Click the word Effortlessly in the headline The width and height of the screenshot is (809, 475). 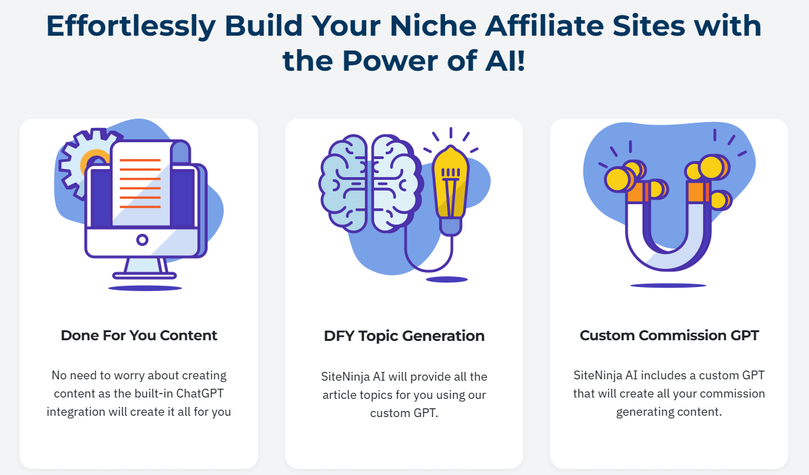click(x=131, y=27)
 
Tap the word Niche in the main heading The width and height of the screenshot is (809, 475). click(x=433, y=26)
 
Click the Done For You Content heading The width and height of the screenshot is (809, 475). click(x=139, y=336)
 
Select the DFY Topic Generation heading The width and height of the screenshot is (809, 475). click(x=404, y=336)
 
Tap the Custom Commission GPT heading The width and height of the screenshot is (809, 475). click(x=669, y=336)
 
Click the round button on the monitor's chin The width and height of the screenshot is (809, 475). click(x=142, y=240)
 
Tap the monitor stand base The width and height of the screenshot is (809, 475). click(x=144, y=276)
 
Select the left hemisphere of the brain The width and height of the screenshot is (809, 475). click(x=343, y=183)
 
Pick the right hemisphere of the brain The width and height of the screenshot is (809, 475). click(x=396, y=183)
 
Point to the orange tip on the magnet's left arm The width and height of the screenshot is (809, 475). click(x=636, y=193)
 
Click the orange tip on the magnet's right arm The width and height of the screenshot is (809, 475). click(x=698, y=191)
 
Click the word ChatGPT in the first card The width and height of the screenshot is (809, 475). click(x=200, y=393)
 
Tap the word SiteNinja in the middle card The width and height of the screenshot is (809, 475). click(x=346, y=377)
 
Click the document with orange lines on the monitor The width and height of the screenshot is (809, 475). click(x=141, y=183)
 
